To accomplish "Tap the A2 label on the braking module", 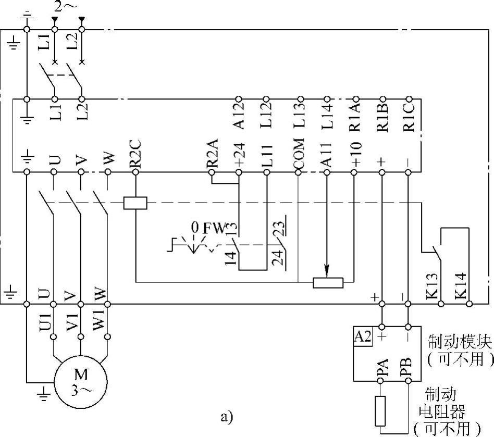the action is pyautogui.click(x=363, y=336).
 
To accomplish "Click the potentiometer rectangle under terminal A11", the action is pyautogui.click(x=328, y=283).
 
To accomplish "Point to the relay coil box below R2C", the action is pyautogui.click(x=135, y=203).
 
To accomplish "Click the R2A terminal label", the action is pyautogui.click(x=212, y=153).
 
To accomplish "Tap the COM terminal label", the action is pyautogui.click(x=298, y=154).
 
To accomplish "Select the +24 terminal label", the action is pyautogui.click(x=239, y=154).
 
